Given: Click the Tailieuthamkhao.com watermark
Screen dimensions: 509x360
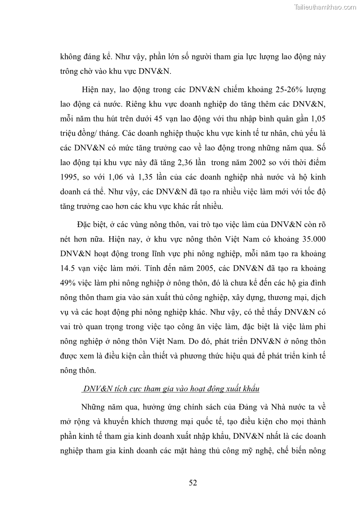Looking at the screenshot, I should [x=326, y=7].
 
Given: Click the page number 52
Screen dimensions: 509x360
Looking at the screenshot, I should [x=193, y=482].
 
